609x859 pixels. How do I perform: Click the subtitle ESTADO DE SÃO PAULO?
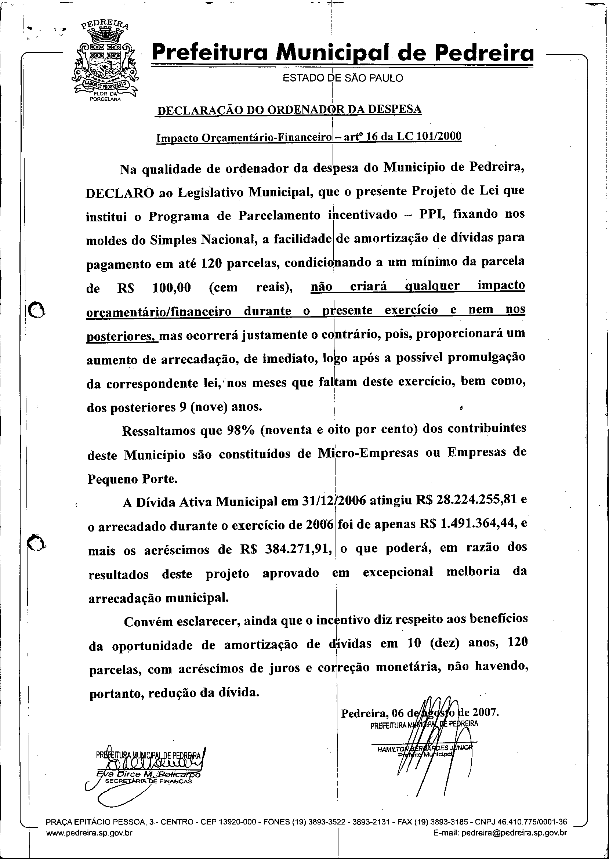(342, 78)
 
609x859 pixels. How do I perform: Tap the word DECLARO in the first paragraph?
(120, 193)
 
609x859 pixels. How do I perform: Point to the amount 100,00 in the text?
(172, 288)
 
